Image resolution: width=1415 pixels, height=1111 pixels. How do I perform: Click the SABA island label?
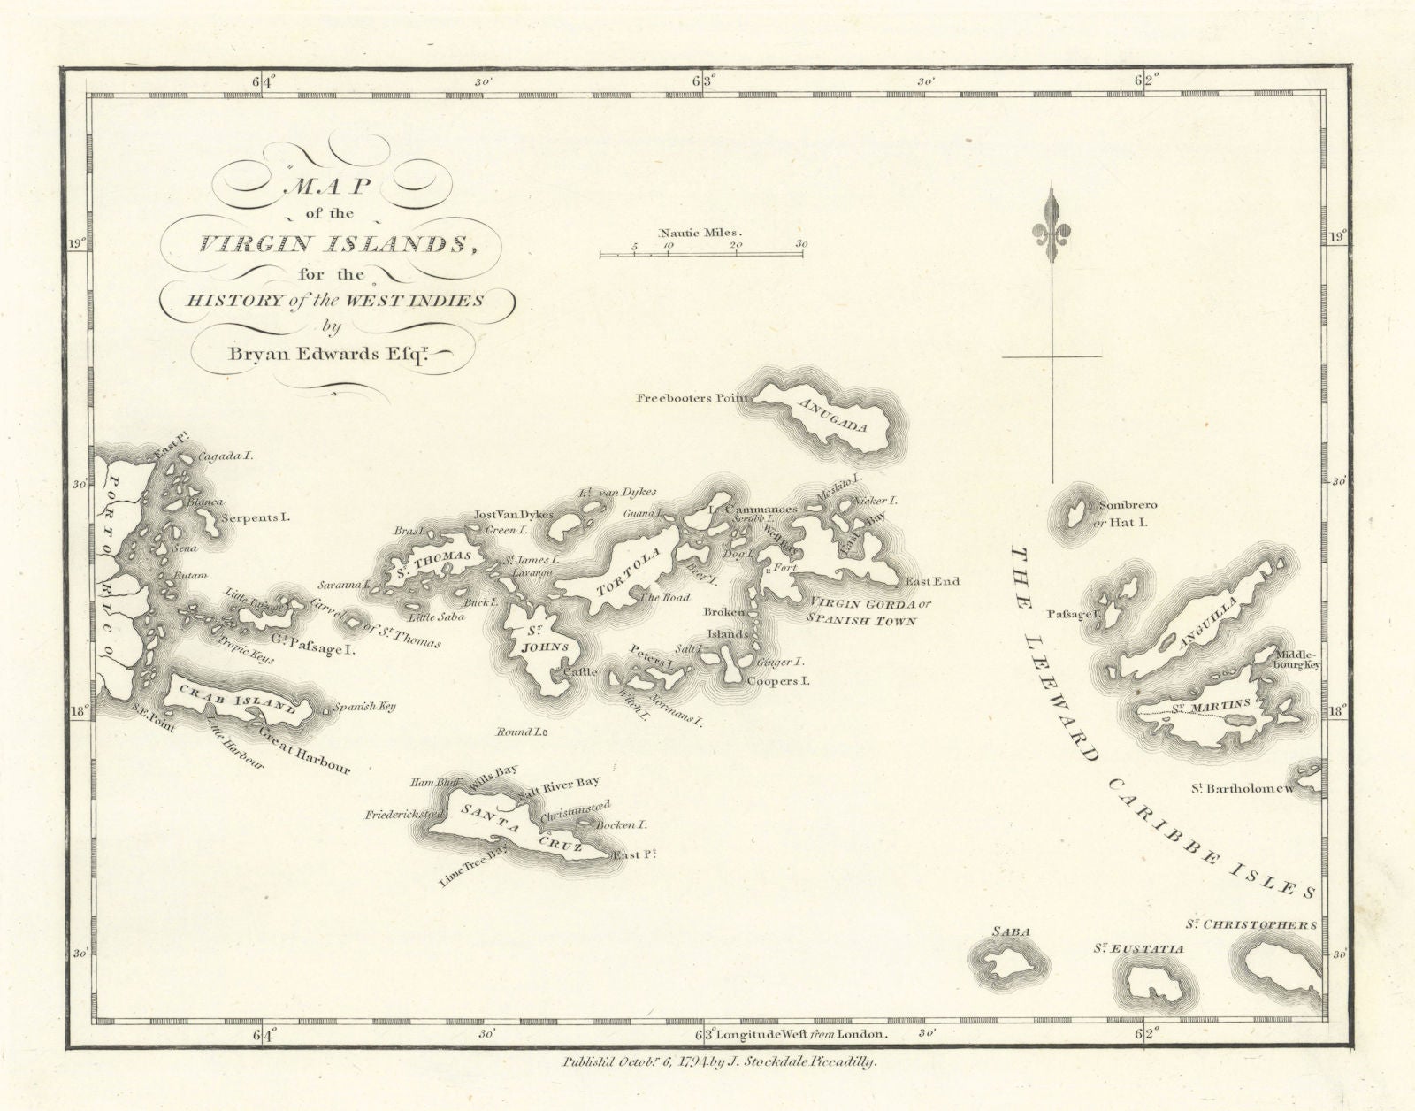pyautogui.click(x=1006, y=931)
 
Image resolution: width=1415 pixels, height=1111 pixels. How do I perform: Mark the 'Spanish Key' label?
pyautogui.click(x=364, y=707)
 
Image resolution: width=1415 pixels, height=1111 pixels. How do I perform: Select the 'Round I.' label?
pyautogui.click(x=522, y=732)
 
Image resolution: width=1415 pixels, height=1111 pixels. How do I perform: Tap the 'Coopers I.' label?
pyautogui.click(x=778, y=681)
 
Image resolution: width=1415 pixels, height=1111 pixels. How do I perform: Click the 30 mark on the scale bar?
pyautogui.click(x=801, y=244)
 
